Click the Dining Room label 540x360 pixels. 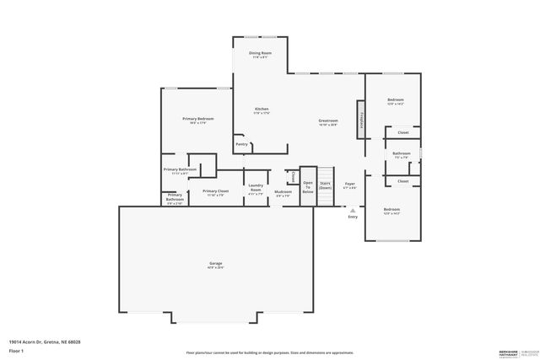coord(260,55)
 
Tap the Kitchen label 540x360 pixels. coord(262,110)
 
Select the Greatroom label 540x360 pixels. coord(328,121)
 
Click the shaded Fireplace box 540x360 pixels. coord(361,121)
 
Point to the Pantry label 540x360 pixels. coord(241,144)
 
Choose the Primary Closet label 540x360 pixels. coord(215,192)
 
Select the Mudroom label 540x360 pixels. coord(283,193)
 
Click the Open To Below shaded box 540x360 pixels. coord(308,187)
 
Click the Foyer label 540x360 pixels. coord(349,185)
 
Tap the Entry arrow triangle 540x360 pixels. coord(353,210)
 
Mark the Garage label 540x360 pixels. coord(216,266)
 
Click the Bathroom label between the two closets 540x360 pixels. coord(401,154)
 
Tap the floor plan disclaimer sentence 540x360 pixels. coord(270,351)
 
